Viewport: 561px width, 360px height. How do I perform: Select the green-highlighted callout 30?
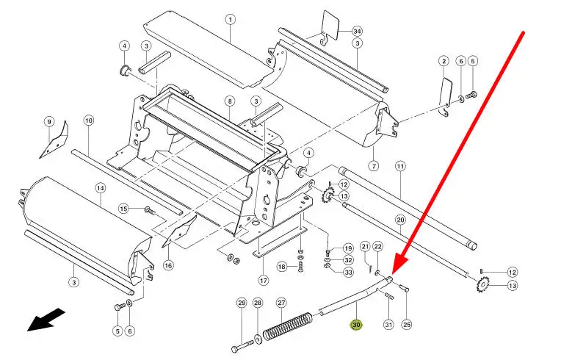[357, 325]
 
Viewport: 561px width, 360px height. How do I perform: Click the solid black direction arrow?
[46, 320]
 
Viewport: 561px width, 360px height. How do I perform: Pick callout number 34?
[357, 32]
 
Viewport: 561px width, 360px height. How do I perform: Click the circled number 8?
[229, 101]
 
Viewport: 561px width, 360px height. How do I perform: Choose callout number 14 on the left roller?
[101, 187]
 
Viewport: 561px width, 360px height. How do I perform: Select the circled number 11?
[400, 167]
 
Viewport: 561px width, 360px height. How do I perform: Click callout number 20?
[400, 220]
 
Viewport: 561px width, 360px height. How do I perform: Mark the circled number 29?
[241, 303]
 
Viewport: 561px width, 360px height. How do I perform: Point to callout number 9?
[49, 121]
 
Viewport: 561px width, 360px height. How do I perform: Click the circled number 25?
[407, 325]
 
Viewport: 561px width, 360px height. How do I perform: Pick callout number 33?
[348, 272]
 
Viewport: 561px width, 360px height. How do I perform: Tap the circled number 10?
[89, 120]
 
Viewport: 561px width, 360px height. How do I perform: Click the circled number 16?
[167, 265]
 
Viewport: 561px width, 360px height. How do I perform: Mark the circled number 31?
[388, 325]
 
